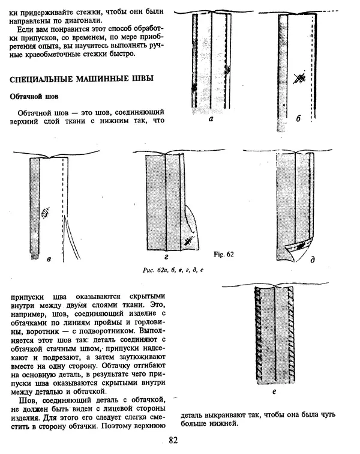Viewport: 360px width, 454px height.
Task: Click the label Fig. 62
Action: (223, 254)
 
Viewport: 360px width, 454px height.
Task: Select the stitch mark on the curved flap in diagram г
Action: (188, 241)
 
